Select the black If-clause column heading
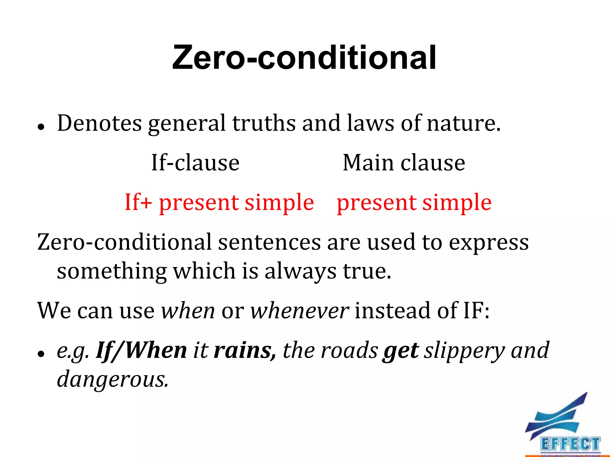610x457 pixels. pos(195,163)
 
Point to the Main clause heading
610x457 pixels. pos(404,163)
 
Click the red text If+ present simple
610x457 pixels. pos(219,202)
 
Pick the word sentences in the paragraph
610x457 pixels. pos(269,242)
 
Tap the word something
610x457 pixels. pos(112,271)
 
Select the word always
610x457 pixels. pos(300,271)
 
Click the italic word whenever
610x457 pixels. pos(299,311)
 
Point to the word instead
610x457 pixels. pos(393,311)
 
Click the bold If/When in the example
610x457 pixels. pos(141,350)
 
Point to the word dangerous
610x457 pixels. pos(112,380)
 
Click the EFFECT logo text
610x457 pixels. pos(570,444)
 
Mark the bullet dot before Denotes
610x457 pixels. pos(41,127)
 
